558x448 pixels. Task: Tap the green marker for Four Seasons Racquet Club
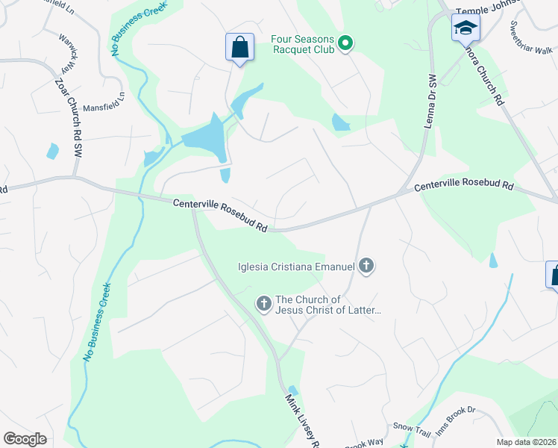coord(345,44)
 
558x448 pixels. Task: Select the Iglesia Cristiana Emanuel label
coord(295,265)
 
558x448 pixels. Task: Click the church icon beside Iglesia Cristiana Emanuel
coord(366,265)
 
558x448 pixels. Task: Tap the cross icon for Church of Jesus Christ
coord(263,304)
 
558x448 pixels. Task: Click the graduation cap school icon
coord(465,29)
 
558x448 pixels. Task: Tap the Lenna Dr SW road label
coord(430,102)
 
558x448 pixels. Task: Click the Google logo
coord(25,438)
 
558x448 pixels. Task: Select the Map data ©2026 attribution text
coord(526,442)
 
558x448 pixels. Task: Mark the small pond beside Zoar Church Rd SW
coord(52,152)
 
